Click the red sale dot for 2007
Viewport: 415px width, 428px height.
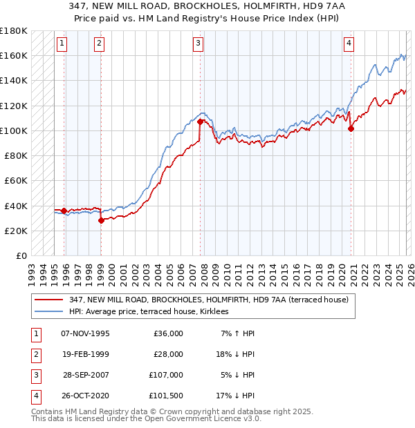coord(201,121)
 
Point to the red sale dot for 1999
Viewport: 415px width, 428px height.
coord(101,221)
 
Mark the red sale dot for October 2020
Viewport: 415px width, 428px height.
coord(351,128)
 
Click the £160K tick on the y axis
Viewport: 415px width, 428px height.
coord(14,55)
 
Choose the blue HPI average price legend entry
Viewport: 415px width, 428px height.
coord(153,312)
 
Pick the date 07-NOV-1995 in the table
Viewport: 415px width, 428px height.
coord(85,333)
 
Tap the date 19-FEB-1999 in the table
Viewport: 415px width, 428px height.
coord(85,354)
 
